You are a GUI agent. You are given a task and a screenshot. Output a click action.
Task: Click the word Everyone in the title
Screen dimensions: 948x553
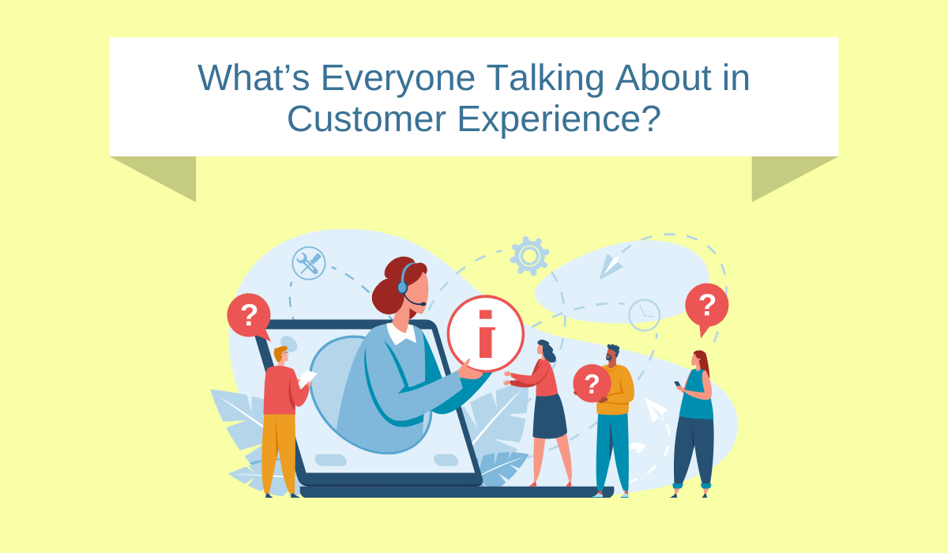398,79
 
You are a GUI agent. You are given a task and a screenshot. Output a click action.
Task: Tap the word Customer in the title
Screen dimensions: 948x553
367,118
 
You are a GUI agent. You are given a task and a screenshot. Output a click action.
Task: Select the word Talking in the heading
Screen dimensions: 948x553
545,79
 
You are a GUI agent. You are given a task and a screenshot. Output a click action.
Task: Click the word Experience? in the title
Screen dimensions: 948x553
559,120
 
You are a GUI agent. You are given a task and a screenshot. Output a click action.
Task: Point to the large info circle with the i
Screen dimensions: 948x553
486,334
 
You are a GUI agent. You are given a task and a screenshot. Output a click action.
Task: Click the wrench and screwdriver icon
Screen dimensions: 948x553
309,263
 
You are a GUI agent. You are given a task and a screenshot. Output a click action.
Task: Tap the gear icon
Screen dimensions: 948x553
529,255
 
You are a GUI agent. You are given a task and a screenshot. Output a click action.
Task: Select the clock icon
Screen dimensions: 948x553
644,315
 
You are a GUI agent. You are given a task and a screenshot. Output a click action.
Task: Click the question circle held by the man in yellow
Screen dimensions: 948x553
592,383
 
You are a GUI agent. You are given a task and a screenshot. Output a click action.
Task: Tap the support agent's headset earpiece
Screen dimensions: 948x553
402,288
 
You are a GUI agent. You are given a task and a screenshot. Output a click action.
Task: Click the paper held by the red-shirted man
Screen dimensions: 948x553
307,378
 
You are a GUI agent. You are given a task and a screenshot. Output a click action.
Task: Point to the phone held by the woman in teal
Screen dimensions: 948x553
678,384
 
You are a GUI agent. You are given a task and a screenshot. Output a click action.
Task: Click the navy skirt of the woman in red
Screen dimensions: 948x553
549,416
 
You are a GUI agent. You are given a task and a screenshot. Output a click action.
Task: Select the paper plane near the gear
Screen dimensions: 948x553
610,265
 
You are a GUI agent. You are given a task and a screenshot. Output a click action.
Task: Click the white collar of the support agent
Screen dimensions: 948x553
401,334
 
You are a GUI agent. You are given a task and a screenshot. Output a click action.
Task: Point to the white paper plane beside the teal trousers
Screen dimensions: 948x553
655,409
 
